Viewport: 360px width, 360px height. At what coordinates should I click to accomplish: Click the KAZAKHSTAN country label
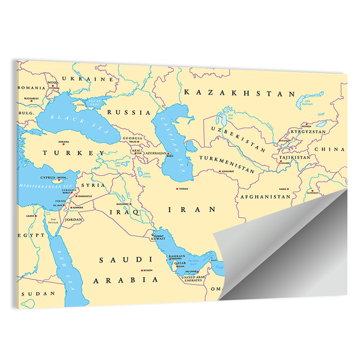pos(239,93)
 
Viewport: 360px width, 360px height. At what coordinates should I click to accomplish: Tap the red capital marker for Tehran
pos(177,189)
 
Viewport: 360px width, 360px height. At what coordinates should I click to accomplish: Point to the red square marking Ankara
pos(63,145)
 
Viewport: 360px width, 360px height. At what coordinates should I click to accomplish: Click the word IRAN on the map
pos(192,209)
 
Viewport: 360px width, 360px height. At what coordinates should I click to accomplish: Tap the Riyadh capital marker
pos(142,270)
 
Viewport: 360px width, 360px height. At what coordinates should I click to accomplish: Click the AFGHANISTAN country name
pos(265,197)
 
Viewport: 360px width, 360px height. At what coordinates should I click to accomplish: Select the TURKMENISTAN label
pos(227,164)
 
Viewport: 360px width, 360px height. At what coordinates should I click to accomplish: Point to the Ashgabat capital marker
pos(220,171)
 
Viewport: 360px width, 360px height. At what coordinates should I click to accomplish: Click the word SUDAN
pos(38,294)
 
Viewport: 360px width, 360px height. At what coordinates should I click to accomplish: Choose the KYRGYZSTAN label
pos(308,132)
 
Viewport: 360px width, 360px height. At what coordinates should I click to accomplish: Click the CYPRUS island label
pos(48,177)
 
